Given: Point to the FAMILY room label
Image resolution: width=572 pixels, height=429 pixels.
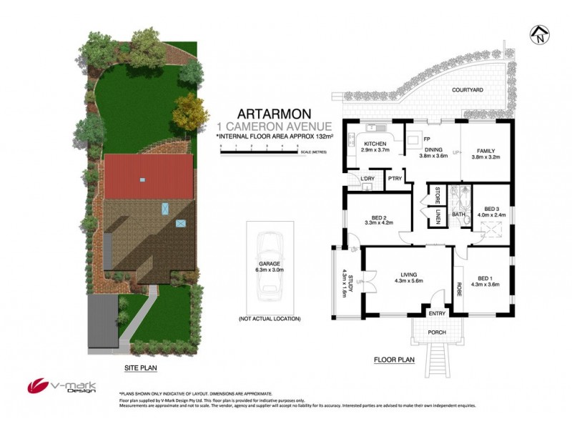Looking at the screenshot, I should pyautogui.click(x=486, y=150).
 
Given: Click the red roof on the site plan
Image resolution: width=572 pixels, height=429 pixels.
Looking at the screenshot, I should pyautogui.click(x=149, y=177).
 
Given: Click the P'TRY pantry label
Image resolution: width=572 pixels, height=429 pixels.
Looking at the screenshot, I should pyautogui.click(x=395, y=179).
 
